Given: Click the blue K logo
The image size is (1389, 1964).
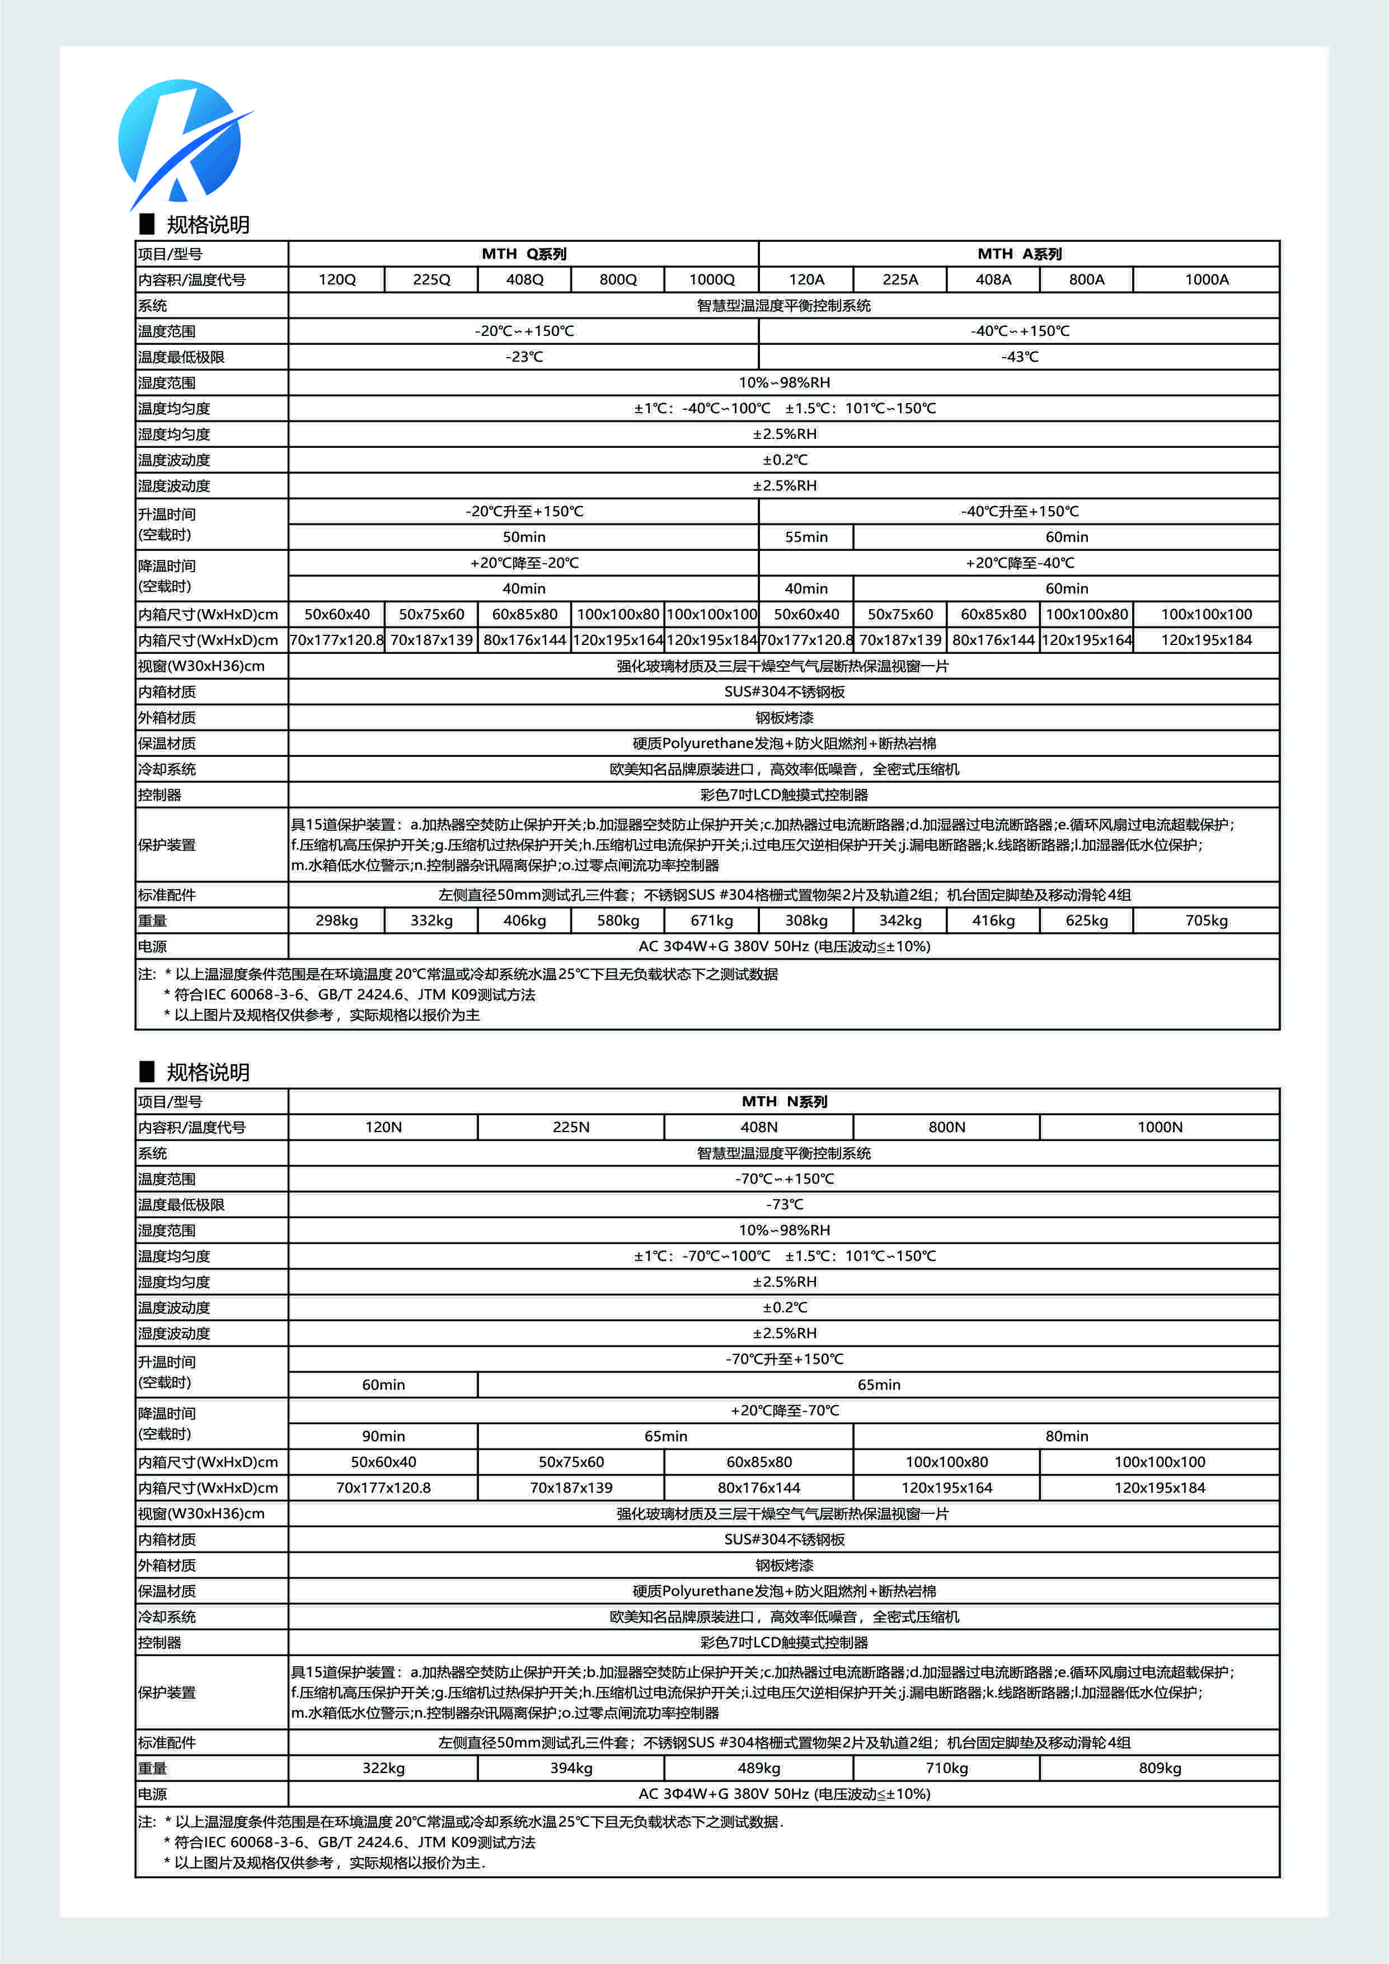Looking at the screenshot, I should (x=181, y=142).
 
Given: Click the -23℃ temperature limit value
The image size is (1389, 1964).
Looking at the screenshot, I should (x=523, y=357).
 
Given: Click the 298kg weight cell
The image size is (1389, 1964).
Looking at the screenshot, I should (x=337, y=920).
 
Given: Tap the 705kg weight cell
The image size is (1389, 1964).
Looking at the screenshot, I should (x=1206, y=920).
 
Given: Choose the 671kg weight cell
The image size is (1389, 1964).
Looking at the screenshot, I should (x=712, y=920).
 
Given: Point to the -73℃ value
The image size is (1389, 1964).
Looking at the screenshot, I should (x=783, y=1204).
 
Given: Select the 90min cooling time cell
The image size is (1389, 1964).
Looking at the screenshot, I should (x=383, y=1436).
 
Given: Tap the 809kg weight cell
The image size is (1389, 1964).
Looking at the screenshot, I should (x=1159, y=1768).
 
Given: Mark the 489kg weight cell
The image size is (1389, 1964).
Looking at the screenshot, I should (x=759, y=1768).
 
